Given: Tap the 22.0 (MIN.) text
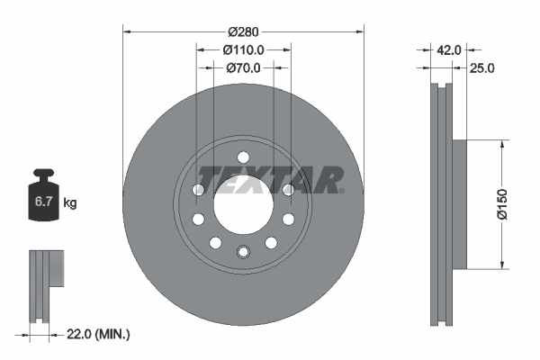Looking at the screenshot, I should (99, 334).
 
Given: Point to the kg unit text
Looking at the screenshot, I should (70, 203).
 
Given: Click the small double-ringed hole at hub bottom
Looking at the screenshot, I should (242, 251).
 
